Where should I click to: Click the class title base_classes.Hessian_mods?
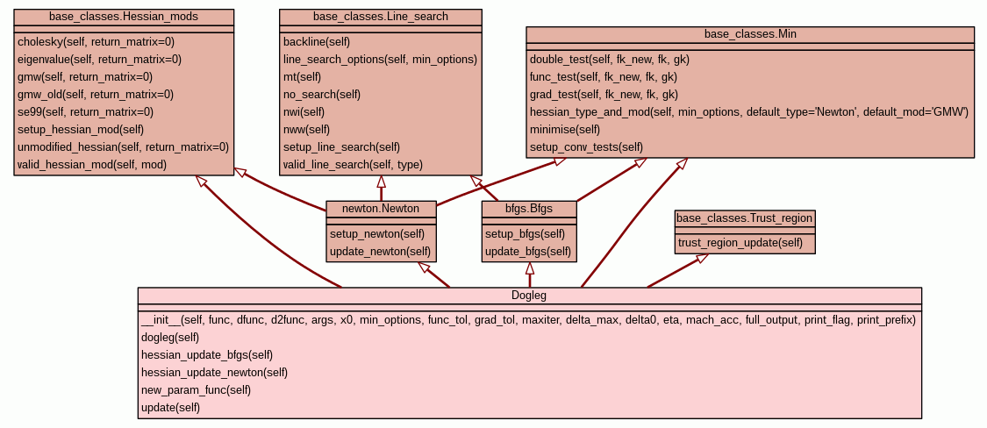124,17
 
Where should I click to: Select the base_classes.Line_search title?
380,17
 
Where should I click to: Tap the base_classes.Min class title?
750,34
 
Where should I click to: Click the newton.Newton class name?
381,209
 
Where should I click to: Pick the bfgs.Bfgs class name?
529,209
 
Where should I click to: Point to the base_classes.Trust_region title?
745,218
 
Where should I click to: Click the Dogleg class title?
529,296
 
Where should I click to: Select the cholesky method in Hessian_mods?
83,41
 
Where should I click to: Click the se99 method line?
85,111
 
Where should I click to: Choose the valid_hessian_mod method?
92,164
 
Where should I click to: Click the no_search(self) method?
322,94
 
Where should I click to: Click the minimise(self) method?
565,129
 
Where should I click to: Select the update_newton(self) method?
381,252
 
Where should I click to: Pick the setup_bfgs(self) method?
525,234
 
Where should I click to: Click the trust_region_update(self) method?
740,242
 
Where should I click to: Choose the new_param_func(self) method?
196,389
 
